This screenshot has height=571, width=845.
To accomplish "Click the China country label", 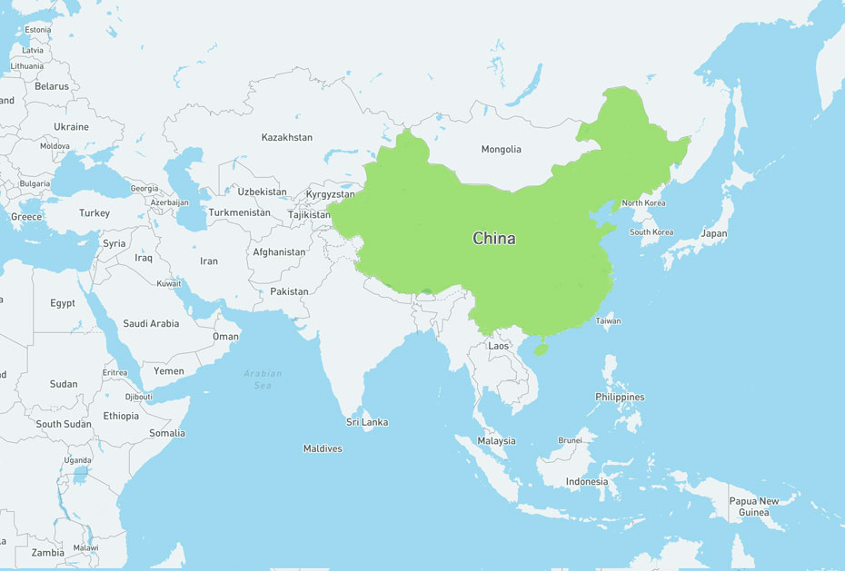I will click(x=493, y=239).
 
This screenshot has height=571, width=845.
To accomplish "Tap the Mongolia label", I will click(x=501, y=149).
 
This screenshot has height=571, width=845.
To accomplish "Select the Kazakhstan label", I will click(x=286, y=137).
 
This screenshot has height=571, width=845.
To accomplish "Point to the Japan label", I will click(x=713, y=233).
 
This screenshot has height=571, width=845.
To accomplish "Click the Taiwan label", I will click(x=608, y=320).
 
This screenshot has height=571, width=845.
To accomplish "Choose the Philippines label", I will click(x=620, y=397).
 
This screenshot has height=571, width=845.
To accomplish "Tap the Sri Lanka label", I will click(x=367, y=422).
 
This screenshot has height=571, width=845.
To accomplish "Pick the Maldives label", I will click(x=323, y=448).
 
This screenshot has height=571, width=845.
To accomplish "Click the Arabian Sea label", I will click(x=263, y=379).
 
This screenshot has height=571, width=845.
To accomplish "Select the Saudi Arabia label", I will click(x=151, y=323).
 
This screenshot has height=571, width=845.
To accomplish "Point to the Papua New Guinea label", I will click(x=753, y=507).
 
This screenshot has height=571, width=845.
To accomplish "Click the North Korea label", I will click(x=643, y=203).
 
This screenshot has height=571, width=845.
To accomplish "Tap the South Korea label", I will click(x=651, y=232).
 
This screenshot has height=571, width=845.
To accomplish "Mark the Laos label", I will click(x=499, y=346).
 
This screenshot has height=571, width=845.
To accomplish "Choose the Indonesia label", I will click(x=586, y=481).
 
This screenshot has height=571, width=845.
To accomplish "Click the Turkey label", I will click(x=94, y=213).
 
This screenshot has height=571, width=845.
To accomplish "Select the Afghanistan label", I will click(x=279, y=252).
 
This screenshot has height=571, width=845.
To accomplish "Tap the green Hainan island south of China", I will click(x=541, y=349).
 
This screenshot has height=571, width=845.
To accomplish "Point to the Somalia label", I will click(x=167, y=433).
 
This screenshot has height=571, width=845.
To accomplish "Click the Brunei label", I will click(x=570, y=440).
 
